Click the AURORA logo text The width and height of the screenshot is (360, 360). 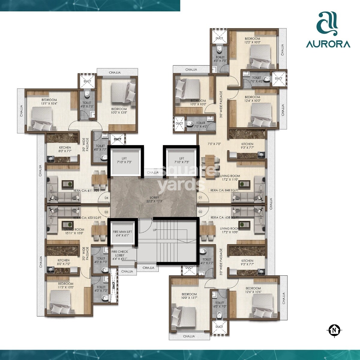[x=328, y=44]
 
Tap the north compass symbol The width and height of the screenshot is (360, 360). [x=334, y=331]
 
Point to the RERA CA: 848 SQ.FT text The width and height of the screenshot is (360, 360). [x=224, y=190]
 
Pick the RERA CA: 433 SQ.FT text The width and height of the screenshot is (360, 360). [x=87, y=218]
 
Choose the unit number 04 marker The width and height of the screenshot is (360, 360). [x=106, y=198]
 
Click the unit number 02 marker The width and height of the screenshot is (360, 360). [x=200, y=212]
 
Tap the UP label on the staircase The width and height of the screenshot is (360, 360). [x=155, y=230]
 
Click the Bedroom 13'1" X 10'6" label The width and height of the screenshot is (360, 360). [x=49, y=102]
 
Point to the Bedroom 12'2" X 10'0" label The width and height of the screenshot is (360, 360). [x=252, y=40]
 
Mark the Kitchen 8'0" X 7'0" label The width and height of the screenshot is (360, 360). [x=63, y=262]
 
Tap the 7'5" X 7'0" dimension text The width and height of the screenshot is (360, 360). [x=214, y=144]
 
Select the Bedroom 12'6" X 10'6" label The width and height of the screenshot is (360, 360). [x=253, y=290]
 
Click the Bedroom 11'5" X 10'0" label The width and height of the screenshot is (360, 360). [x=66, y=285]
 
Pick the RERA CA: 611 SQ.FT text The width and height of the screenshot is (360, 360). [x=87, y=190]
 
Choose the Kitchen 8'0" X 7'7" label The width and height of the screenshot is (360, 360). [x=65, y=149]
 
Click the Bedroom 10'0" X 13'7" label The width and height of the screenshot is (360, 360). [x=189, y=296]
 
